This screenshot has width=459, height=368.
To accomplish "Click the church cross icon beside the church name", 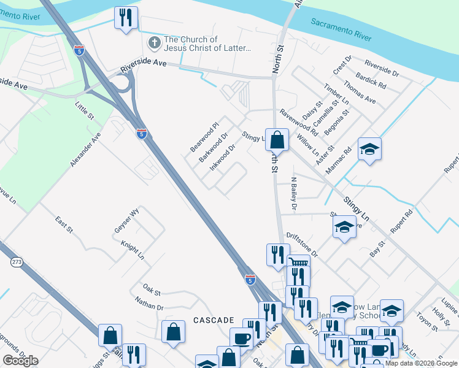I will (x=155, y=43).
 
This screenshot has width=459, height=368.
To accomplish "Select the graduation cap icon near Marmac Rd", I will (x=369, y=150).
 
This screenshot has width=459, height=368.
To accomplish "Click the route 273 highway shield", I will (x=17, y=262).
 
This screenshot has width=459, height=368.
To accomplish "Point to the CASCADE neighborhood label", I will (x=214, y=320).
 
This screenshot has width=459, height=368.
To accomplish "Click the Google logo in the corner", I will (x=20, y=361).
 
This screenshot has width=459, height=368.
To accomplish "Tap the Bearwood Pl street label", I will (x=204, y=137).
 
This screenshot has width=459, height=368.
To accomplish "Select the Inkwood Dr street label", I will (x=223, y=157).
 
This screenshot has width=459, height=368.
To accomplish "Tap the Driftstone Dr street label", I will (x=302, y=245).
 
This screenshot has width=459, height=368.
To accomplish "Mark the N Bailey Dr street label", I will (x=293, y=194).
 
